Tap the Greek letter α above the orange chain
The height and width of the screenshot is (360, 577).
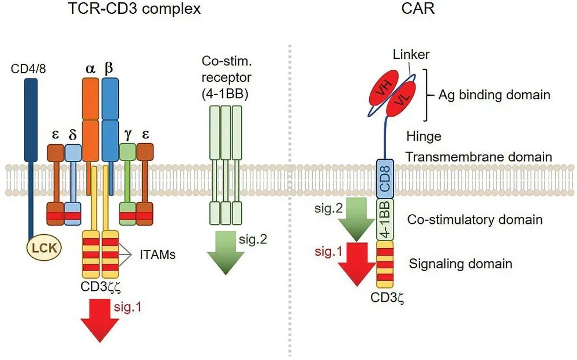[91, 68]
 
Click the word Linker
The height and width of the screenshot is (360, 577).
[411, 55]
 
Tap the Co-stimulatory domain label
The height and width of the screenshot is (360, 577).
[474, 219]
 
